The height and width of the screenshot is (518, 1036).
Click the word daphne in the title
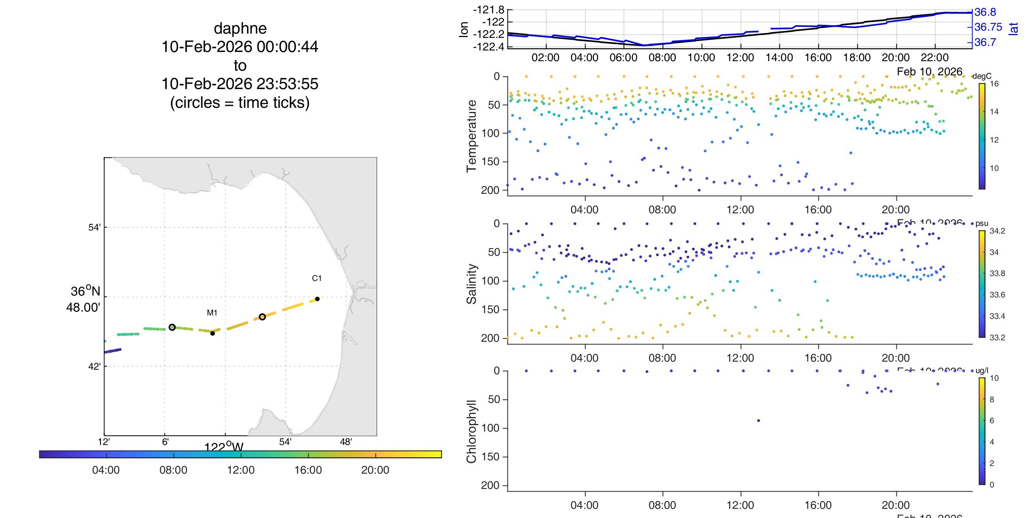coord(240,29)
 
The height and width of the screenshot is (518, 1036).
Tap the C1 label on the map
coord(317,278)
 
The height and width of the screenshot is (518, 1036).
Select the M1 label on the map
coord(212,312)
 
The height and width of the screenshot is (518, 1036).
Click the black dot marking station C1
coord(317,299)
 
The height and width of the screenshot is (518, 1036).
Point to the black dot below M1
coord(212,333)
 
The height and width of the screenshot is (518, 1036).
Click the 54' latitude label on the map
coord(94,227)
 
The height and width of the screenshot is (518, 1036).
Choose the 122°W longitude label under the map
coord(224,447)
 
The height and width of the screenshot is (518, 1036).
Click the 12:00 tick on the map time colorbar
coord(241,470)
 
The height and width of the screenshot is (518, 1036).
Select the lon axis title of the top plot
coord(464,29)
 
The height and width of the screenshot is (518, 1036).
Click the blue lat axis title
coord(1013,29)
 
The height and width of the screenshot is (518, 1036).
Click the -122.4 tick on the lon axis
coord(489,47)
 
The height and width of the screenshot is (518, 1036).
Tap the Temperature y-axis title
coord(472,136)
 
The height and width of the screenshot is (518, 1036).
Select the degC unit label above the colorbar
coord(982,76)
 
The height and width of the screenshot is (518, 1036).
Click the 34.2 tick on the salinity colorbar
coord(997,231)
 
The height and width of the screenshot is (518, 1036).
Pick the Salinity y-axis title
coord(472,284)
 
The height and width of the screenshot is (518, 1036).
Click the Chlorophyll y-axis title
coord(472,431)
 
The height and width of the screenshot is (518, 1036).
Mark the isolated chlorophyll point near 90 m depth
coord(758,421)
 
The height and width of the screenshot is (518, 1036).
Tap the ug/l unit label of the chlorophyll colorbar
coord(982,370)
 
